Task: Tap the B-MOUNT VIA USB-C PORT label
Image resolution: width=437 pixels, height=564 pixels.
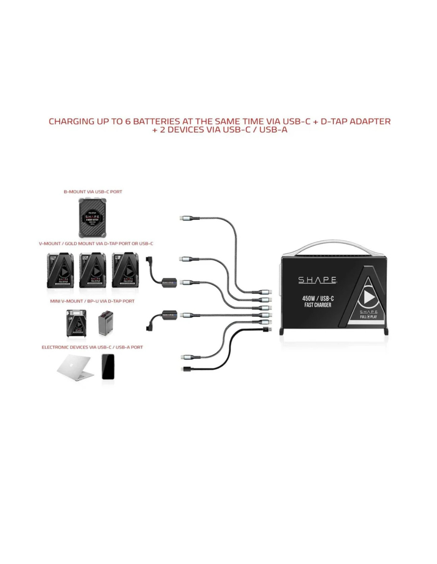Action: [93, 192]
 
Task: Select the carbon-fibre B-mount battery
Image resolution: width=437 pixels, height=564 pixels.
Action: [93, 218]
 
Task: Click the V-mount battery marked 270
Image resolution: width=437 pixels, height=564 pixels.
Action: [60, 270]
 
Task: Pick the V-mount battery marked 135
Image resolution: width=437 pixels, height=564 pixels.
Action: [93, 270]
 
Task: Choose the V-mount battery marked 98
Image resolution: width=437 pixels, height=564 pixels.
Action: [125, 270]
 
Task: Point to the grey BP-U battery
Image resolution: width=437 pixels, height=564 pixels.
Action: [106, 323]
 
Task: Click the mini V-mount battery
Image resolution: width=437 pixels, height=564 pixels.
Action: [76, 324]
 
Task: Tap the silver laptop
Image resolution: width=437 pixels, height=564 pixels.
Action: [75, 367]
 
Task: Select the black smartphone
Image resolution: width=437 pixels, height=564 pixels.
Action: [108, 366]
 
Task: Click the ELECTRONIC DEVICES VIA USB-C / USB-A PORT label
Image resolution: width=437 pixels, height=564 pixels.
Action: [92, 347]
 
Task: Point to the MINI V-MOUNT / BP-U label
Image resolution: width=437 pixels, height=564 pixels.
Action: [92, 301]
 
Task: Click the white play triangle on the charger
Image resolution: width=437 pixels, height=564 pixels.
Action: [369, 297]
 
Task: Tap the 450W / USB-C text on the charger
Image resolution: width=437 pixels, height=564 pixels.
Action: [318, 298]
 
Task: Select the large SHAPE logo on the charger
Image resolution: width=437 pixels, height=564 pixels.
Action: [317, 280]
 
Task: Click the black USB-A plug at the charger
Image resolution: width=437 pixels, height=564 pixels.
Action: [267, 329]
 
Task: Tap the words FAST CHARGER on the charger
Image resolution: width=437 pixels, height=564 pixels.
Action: [318, 305]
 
